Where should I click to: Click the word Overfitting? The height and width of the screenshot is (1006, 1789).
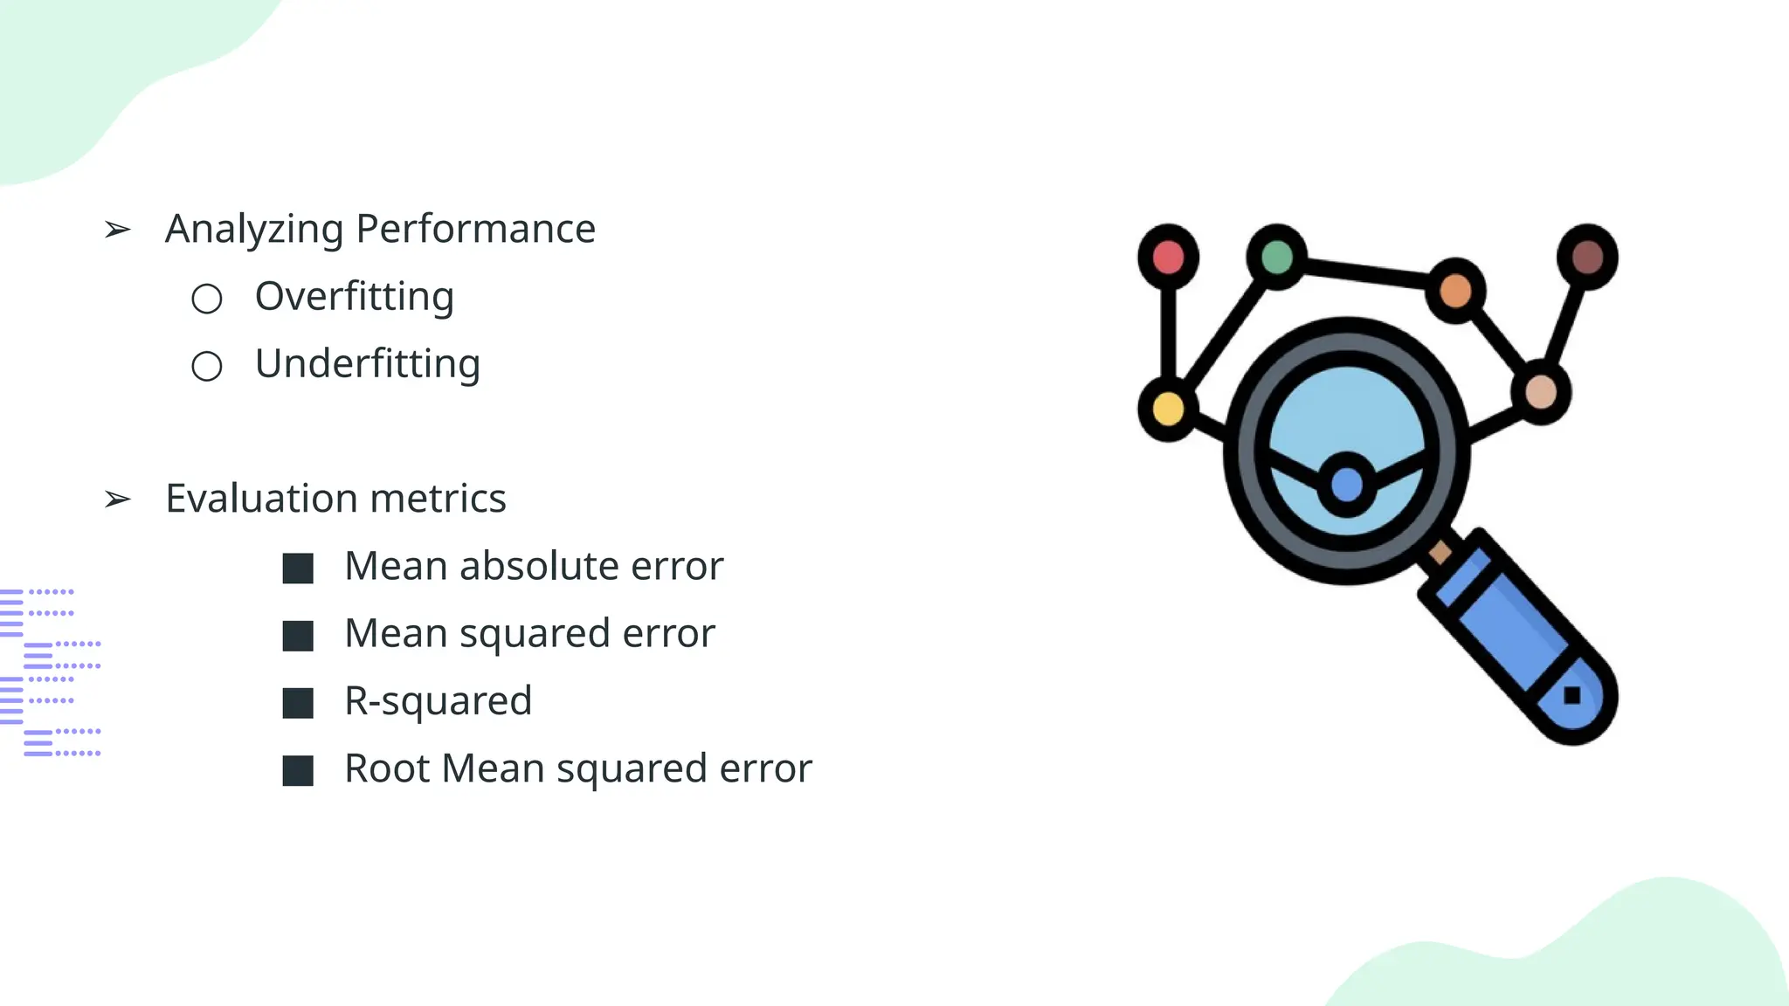pyautogui.click(x=354, y=297)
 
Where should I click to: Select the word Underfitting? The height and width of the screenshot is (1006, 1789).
pyautogui.click(x=367, y=364)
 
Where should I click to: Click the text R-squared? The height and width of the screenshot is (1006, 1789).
pyautogui.click(x=438, y=701)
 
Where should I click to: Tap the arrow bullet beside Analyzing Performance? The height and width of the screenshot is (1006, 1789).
pyautogui.click(x=117, y=230)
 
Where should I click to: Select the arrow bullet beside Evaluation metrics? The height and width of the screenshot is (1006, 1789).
pyautogui.click(x=117, y=500)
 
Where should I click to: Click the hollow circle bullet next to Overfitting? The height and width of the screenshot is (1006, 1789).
pyautogui.click(x=207, y=299)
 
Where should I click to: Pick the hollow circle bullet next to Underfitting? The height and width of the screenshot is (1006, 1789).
pyautogui.click(x=207, y=366)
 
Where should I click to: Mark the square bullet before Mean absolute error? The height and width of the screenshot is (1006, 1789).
pyautogui.click(x=298, y=568)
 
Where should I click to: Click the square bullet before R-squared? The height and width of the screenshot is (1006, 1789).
pyautogui.click(x=298, y=703)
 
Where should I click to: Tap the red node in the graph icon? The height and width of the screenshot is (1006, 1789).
pyautogui.click(x=1168, y=257)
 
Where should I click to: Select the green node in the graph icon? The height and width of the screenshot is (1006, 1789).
pyautogui.click(x=1276, y=257)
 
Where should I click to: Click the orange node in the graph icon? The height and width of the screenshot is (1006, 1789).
pyautogui.click(x=1454, y=291)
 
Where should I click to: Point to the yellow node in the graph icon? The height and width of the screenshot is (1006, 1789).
pyautogui.click(x=1168, y=409)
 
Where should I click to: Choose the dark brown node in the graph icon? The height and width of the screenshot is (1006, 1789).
pyautogui.click(x=1587, y=257)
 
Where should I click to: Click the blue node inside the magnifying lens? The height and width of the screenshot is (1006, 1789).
pyautogui.click(x=1346, y=485)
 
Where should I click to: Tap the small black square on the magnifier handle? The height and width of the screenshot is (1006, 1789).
pyautogui.click(x=1571, y=695)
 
